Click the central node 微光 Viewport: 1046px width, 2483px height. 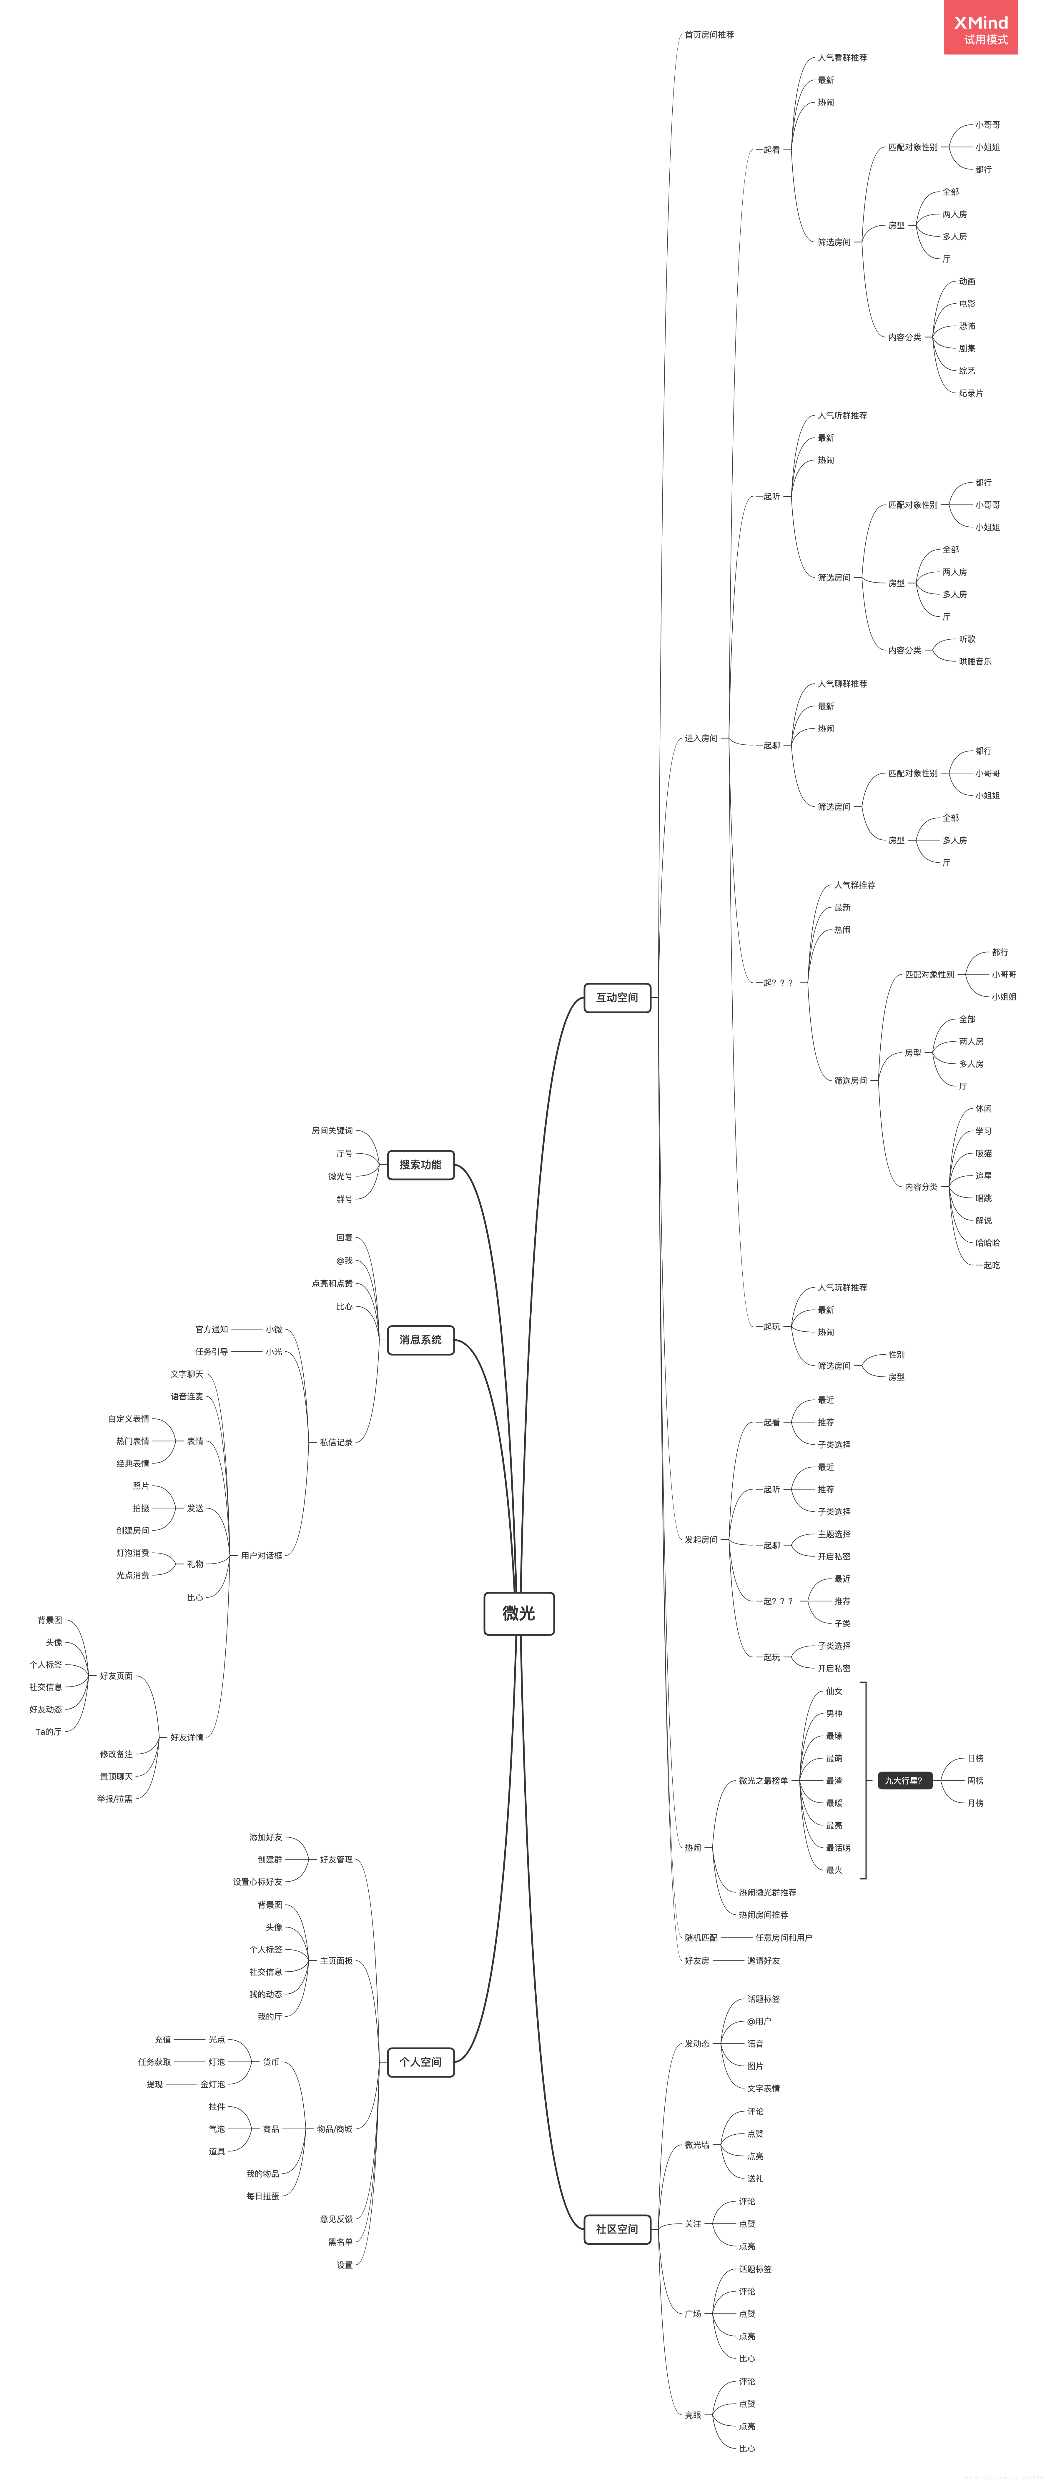pos(519,1613)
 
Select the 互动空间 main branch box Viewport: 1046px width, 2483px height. pos(617,998)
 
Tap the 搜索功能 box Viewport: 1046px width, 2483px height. pos(420,1164)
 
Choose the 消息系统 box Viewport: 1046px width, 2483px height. pos(420,1340)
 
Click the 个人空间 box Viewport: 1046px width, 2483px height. pos(420,2062)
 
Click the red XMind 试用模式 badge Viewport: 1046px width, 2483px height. pos(980,28)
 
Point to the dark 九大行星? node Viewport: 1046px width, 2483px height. pos(903,1780)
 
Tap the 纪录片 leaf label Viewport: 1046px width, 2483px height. pos(971,393)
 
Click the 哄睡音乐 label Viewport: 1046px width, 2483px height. pos(975,661)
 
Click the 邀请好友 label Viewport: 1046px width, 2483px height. pos(764,1960)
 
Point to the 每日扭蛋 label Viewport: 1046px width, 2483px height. pos(262,2196)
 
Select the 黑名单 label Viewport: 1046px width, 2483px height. pos(340,2242)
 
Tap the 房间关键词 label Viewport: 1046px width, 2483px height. pos(332,1131)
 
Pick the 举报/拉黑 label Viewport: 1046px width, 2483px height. pos(115,1799)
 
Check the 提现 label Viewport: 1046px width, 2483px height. pos(154,2084)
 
